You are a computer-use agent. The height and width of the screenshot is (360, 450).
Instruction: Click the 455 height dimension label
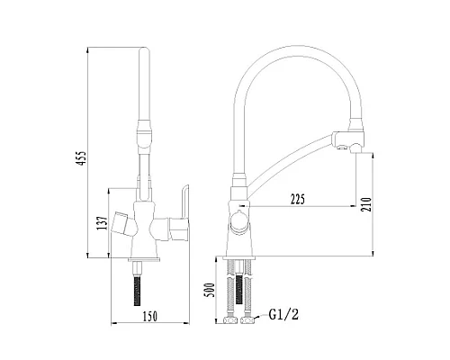[x=81, y=157]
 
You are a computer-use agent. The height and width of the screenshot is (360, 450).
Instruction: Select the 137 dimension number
[x=103, y=222]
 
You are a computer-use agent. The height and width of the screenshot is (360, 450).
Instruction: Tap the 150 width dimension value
[x=149, y=316]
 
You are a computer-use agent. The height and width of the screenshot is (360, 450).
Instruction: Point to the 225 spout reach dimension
[x=298, y=199]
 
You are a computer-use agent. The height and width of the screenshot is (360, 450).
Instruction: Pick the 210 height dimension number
[x=366, y=204]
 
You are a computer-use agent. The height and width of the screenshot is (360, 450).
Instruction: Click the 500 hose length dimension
[x=210, y=290]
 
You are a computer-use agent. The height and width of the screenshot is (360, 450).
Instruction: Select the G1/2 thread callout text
[x=283, y=314]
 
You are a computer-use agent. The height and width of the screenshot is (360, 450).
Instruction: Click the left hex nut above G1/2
[x=230, y=320]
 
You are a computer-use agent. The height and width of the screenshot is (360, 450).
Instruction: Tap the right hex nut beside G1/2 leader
[x=247, y=320]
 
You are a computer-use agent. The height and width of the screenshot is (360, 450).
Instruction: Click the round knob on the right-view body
[x=239, y=222]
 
